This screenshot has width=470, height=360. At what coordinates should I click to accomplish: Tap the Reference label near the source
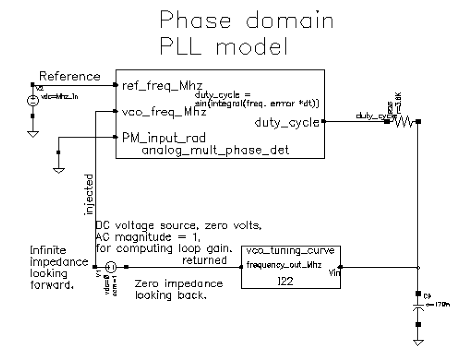point(69,76)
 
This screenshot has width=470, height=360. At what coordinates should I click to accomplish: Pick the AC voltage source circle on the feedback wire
point(111,267)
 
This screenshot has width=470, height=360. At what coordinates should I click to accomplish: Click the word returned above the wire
point(205,260)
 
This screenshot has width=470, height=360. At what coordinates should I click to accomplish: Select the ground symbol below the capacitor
point(418,342)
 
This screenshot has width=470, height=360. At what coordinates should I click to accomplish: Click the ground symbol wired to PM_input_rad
point(59,169)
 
